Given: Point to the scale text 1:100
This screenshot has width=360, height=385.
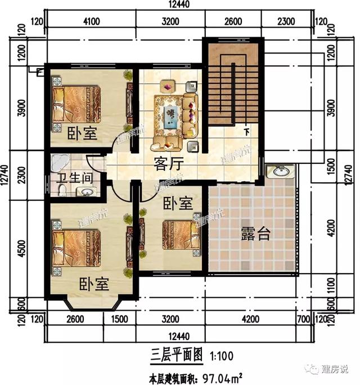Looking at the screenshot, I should point(222,356).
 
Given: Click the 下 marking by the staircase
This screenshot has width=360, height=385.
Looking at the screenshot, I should point(247,133).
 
